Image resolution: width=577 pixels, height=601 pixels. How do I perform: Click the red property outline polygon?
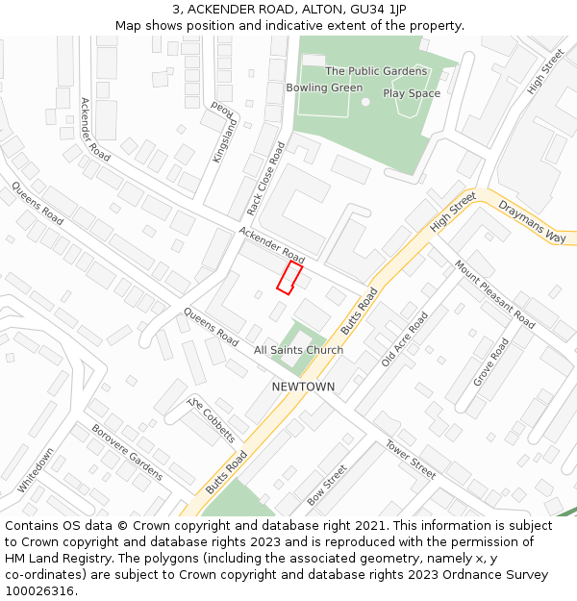(x=289, y=276)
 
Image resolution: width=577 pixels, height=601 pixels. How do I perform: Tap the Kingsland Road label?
(x=223, y=133)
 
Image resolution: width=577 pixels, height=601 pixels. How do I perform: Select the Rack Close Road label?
(x=266, y=179)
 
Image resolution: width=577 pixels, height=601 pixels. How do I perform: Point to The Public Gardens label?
(x=376, y=71)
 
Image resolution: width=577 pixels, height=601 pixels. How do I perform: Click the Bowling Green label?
(x=324, y=88)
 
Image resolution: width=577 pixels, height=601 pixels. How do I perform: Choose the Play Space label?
(x=412, y=93)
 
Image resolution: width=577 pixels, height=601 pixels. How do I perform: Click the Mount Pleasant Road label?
(x=494, y=294)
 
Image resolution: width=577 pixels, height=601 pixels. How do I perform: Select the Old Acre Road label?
(x=404, y=338)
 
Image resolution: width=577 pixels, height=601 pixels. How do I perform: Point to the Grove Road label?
(x=490, y=363)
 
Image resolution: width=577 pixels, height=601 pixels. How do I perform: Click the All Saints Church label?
(x=298, y=350)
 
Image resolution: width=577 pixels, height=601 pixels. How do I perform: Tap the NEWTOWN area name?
(x=303, y=387)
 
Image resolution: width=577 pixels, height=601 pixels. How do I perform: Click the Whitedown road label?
(x=36, y=470)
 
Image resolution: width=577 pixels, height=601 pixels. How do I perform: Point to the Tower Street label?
(x=411, y=459)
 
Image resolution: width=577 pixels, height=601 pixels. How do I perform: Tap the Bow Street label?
(x=327, y=486)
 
